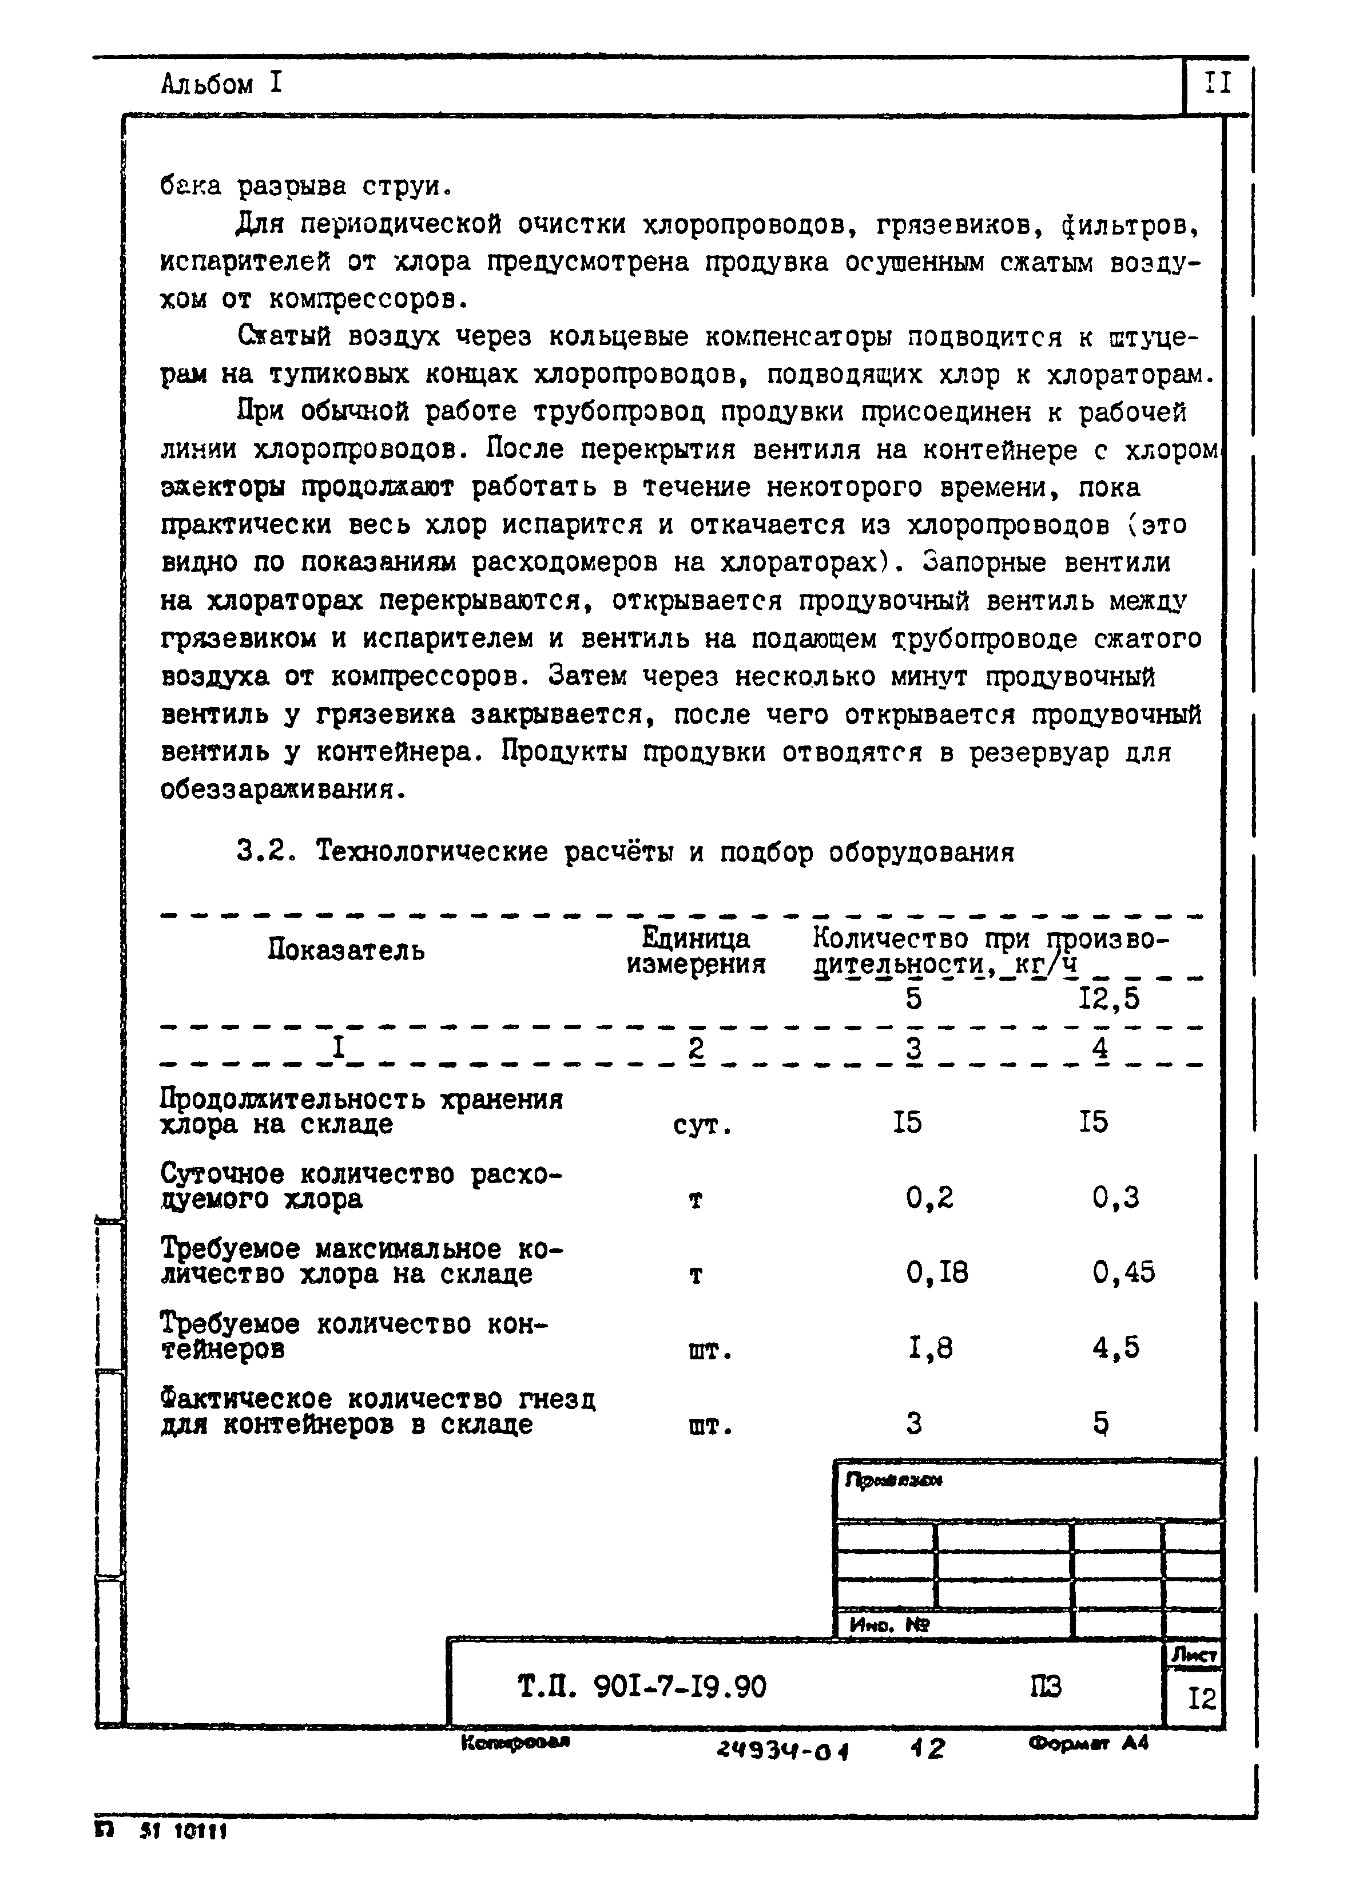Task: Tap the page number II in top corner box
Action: click(1216, 83)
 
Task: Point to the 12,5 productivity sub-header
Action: click(1109, 998)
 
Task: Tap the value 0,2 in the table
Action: click(929, 1198)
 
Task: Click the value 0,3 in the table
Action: click(1115, 1198)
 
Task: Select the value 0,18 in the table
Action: click(937, 1273)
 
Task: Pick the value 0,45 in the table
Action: click(1123, 1273)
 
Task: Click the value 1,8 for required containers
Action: click(929, 1348)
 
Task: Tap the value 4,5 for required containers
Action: click(1115, 1348)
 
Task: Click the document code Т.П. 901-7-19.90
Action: click(641, 1687)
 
